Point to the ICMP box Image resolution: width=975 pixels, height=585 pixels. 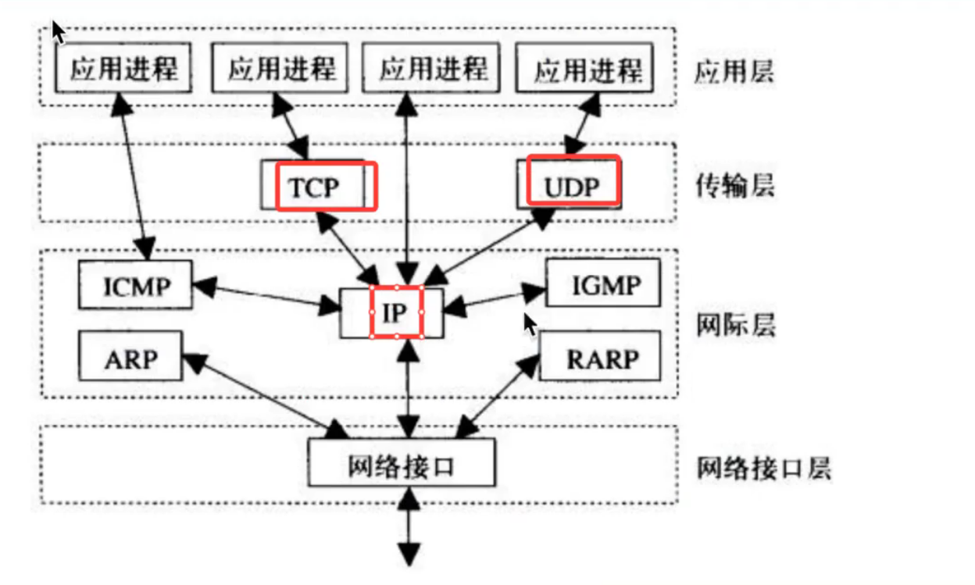point(135,285)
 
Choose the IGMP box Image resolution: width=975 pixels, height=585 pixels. point(602,284)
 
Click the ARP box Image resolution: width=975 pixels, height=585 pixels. point(130,358)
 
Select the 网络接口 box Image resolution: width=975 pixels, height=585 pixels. point(401,466)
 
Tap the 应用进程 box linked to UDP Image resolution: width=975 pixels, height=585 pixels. point(587,70)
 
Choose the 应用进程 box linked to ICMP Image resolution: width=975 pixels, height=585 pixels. point(123,69)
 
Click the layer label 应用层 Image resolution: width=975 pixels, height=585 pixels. point(734,72)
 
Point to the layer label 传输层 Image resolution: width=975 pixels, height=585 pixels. point(734,185)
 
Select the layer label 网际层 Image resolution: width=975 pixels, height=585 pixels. point(735,323)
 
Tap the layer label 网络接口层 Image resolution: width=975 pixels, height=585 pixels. point(763,468)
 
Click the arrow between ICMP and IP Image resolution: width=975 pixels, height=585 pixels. point(266,296)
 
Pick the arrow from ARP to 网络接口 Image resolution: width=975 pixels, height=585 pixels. point(266,395)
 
